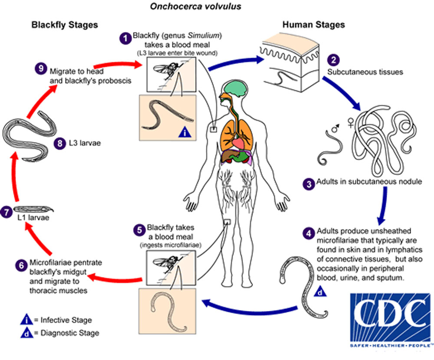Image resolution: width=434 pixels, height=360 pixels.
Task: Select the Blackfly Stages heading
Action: pos(65,25)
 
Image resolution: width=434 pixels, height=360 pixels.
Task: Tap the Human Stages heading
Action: pos(313,25)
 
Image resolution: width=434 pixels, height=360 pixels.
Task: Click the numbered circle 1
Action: pos(125,38)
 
